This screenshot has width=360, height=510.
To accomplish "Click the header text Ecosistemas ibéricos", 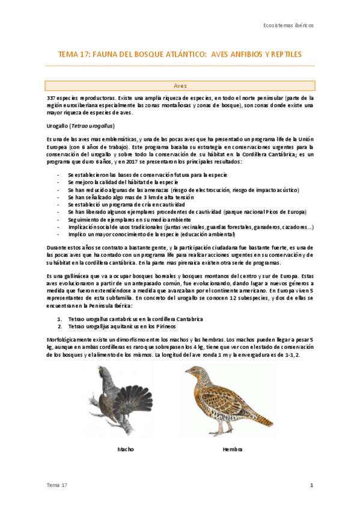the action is coord(288,26).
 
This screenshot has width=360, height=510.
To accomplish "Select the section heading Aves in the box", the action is coord(180,86).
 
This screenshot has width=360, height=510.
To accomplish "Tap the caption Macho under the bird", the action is coord(126,449).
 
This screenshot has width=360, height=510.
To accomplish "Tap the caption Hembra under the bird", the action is coord(231,449).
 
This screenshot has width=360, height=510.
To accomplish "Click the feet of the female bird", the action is coord(224,431).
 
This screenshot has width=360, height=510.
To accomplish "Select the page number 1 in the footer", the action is coord(311,485).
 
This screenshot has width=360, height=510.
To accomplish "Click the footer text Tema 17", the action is coord(57,485).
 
